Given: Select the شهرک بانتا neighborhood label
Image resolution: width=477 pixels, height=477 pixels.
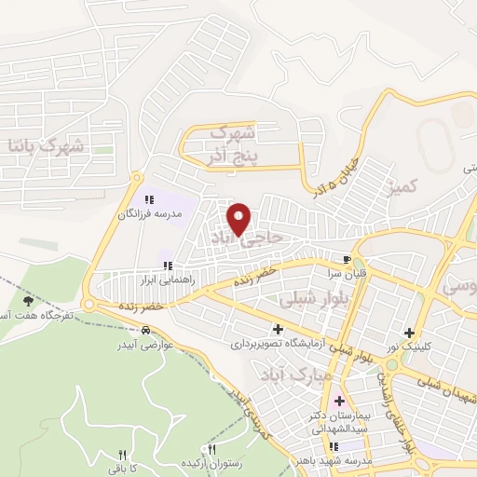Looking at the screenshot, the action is [x=45, y=145].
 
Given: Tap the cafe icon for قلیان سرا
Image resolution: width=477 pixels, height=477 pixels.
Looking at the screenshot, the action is [x=347, y=259].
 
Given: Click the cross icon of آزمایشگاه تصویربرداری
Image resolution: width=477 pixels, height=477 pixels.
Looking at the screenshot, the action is [x=279, y=328].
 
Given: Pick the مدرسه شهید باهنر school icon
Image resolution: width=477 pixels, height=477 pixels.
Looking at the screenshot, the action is [x=335, y=446].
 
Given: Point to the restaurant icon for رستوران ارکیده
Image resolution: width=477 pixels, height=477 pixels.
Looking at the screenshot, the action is [x=213, y=449].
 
